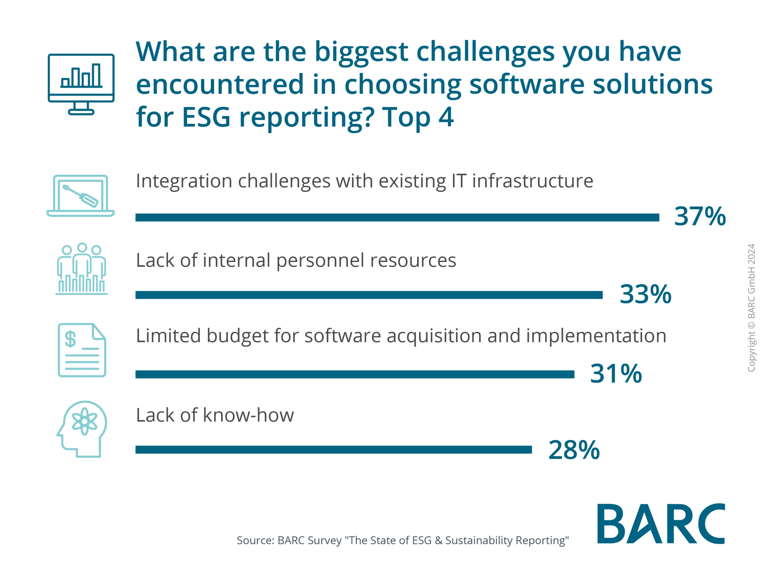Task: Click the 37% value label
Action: [700, 217]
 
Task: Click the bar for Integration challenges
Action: [397, 217]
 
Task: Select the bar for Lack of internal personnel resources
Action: [369, 295]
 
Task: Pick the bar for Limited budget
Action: [355, 374]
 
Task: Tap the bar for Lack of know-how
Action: [333, 450]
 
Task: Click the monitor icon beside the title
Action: [81, 84]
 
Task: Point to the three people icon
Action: [82, 269]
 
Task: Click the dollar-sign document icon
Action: [82, 350]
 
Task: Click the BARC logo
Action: [661, 524]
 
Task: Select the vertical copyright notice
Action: [751, 308]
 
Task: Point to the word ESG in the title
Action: [206, 117]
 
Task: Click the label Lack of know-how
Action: [215, 415]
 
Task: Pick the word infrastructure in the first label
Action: [533, 181]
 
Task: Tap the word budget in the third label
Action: [238, 336]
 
